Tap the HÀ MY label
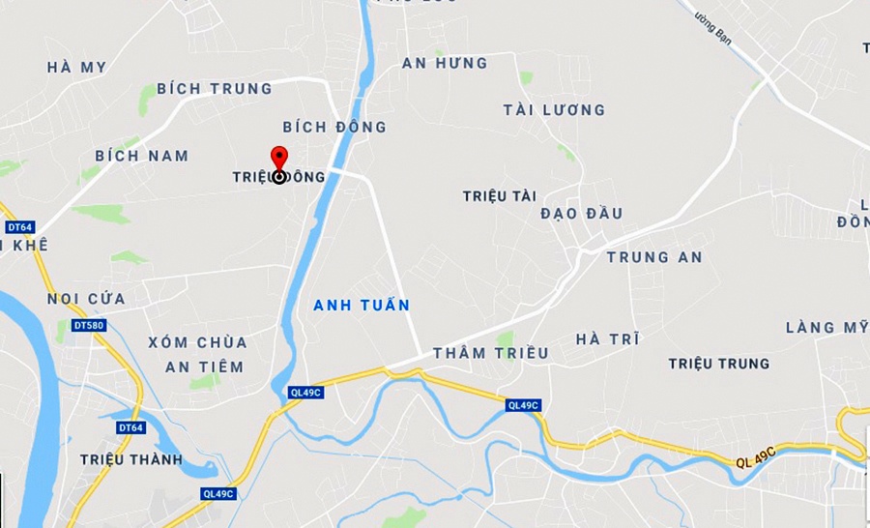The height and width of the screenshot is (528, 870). [76, 68]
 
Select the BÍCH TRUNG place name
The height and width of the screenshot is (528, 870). [215, 89]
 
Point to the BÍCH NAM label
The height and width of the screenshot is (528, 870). [142, 156]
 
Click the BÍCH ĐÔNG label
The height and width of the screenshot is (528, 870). [334, 127]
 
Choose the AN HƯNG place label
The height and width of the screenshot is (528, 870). [445, 64]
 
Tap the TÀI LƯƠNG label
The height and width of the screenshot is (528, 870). [554, 110]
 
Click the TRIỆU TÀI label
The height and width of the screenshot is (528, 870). [499, 196]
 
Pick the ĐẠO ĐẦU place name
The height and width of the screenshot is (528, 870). [582, 214]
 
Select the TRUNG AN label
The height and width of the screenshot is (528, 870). [654, 257]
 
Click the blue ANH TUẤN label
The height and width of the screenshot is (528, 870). [362, 306]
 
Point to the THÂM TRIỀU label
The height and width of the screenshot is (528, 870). [490, 353]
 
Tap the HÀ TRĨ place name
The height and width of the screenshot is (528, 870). [607, 339]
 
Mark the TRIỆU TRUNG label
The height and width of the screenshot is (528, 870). [718, 364]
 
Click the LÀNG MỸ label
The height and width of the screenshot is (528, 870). [826, 328]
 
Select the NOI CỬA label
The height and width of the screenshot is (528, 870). [86, 299]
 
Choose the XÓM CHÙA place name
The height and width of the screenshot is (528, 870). [198, 342]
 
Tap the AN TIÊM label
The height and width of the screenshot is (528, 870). [204, 367]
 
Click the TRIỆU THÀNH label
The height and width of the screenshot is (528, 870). [131, 459]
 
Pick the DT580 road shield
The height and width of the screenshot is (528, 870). [89, 326]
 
